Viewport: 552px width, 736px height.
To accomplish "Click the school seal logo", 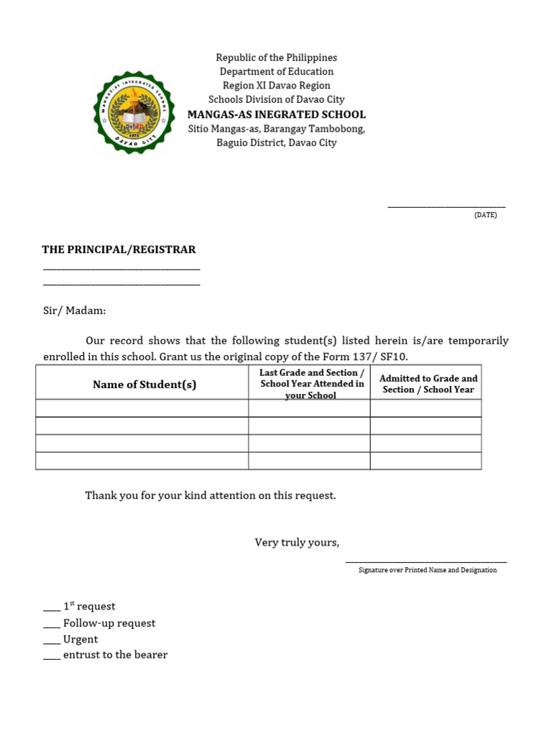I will [134, 112].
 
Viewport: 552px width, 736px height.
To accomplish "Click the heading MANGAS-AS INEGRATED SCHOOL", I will [277, 114].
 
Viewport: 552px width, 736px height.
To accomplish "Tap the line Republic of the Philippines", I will [277, 57].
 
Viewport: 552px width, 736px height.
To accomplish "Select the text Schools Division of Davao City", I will [277, 100].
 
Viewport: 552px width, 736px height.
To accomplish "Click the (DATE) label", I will [485, 215].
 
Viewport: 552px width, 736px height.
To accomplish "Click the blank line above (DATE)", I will [446, 206].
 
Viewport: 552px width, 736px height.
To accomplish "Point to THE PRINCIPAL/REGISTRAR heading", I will [119, 249].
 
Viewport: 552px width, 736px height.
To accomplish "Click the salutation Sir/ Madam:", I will [74, 310].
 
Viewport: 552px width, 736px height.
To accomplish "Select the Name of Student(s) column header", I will [144, 385].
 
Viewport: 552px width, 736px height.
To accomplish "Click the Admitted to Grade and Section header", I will [428, 384].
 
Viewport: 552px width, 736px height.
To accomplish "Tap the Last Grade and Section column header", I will [311, 384].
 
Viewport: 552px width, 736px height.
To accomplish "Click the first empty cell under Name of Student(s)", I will [142, 408].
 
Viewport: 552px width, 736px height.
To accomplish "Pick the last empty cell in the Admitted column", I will [425, 461].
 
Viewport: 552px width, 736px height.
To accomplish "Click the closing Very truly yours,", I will [297, 542].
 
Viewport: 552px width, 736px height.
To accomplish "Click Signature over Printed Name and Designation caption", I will [427, 570].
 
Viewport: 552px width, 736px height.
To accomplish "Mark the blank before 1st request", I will [52, 607].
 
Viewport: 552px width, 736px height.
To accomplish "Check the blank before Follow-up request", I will [52, 624].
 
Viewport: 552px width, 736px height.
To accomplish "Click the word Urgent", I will [80, 639].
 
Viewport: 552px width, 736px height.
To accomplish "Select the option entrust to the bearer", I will [115, 655].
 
